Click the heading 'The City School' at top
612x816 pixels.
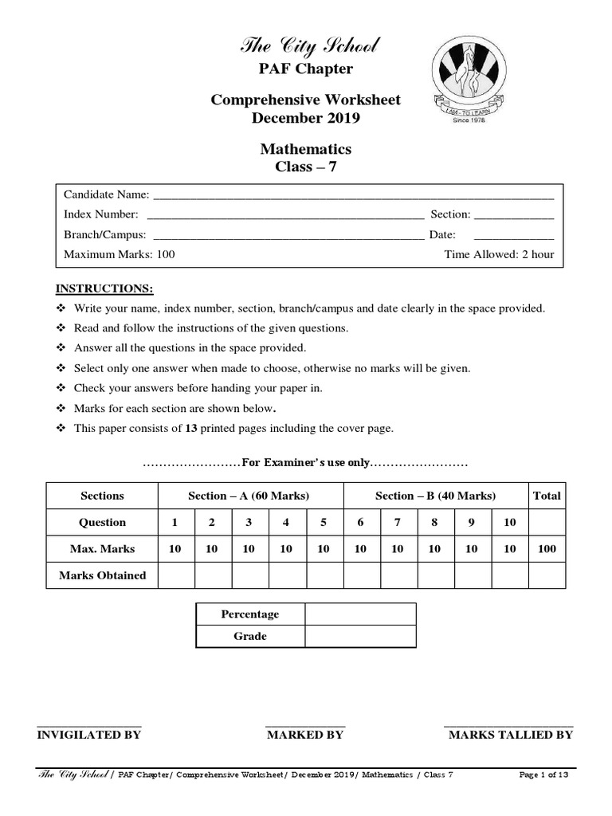(x=305, y=46)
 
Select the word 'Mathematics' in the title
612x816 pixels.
(x=305, y=149)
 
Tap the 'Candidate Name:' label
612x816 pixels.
(x=106, y=194)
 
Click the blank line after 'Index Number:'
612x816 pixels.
(x=286, y=214)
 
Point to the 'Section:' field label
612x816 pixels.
(x=450, y=214)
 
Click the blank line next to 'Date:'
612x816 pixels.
(x=513, y=235)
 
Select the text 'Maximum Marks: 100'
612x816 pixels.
(x=119, y=255)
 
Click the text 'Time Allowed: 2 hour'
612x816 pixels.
(x=498, y=255)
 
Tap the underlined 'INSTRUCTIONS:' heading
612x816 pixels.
(x=103, y=288)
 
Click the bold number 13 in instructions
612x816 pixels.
(x=191, y=428)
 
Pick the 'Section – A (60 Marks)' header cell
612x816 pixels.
(x=249, y=496)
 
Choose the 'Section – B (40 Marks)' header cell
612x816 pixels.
(x=435, y=496)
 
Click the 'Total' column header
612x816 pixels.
(x=547, y=496)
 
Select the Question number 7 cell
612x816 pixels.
(x=398, y=523)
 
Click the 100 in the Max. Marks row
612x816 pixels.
(x=547, y=549)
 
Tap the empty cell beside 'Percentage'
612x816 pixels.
(x=359, y=614)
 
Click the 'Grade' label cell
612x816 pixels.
(x=249, y=636)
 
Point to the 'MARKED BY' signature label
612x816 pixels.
(x=304, y=735)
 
